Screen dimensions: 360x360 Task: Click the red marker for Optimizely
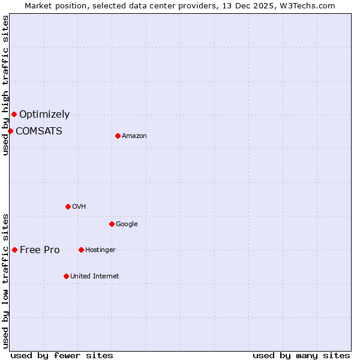(x=14, y=114)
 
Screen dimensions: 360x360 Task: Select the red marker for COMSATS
(x=10, y=131)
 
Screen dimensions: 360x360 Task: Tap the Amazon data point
(x=118, y=136)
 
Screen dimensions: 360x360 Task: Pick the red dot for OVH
(x=68, y=206)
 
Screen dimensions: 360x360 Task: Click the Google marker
(x=112, y=224)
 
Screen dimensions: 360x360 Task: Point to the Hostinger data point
(x=81, y=250)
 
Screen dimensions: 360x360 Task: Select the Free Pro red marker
(x=14, y=250)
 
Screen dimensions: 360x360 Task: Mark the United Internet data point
(x=66, y=276)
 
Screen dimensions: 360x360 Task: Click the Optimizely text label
(x=44, y=114)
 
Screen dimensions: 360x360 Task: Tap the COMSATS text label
(x=39, y=131)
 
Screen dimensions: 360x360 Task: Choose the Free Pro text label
(x=40, y=250)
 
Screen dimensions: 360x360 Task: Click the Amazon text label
(x=134, y=136)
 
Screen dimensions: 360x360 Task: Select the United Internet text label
(x=94, y=276)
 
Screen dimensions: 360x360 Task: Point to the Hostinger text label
(x=100, y=250)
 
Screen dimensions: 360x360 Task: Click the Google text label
(x=127, y=224)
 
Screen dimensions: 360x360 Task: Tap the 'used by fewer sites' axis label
(x=62, y=355)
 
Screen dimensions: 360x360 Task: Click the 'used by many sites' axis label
(x=301, y=355)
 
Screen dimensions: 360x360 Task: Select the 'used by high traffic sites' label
(x=5, y=85)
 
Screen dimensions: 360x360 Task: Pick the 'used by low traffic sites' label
(x=5, y=280)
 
